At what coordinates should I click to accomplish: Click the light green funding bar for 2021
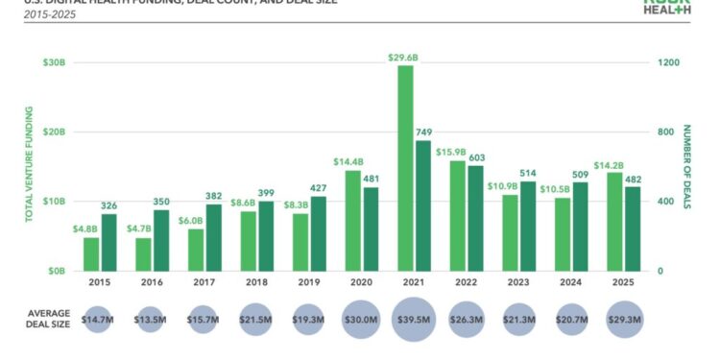[406, 168]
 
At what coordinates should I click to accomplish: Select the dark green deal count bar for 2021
[423, 205]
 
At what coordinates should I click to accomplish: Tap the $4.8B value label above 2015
[89, 229]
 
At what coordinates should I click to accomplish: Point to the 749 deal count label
[424, 132]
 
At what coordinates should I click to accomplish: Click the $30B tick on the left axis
[53, 62]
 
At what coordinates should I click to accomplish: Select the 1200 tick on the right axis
[668, 62]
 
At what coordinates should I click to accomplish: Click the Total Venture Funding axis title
[29, 166]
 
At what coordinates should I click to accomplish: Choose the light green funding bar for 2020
[353, 221]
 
